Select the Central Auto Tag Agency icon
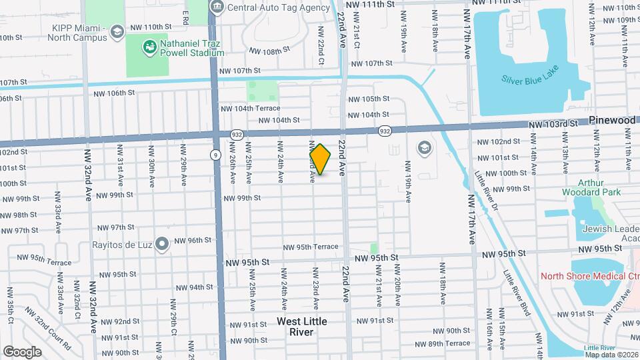[x=217, y=7]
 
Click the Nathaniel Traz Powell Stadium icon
[x=149, y=46]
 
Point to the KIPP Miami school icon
[x=117, y=31]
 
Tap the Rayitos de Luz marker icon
[x=161, y=245]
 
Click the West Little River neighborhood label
[x=301, y=327]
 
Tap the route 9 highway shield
[x=215, y=155]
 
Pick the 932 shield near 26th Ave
[x=237, y=134]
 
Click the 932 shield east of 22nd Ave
[x=384, y=131]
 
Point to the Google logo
[x=22, y=351]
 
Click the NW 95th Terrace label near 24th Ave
[x=308, y=247]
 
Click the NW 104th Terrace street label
[x=250, y=108]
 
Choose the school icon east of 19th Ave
[x=423, y=147]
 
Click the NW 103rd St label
[x=553, y=125]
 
